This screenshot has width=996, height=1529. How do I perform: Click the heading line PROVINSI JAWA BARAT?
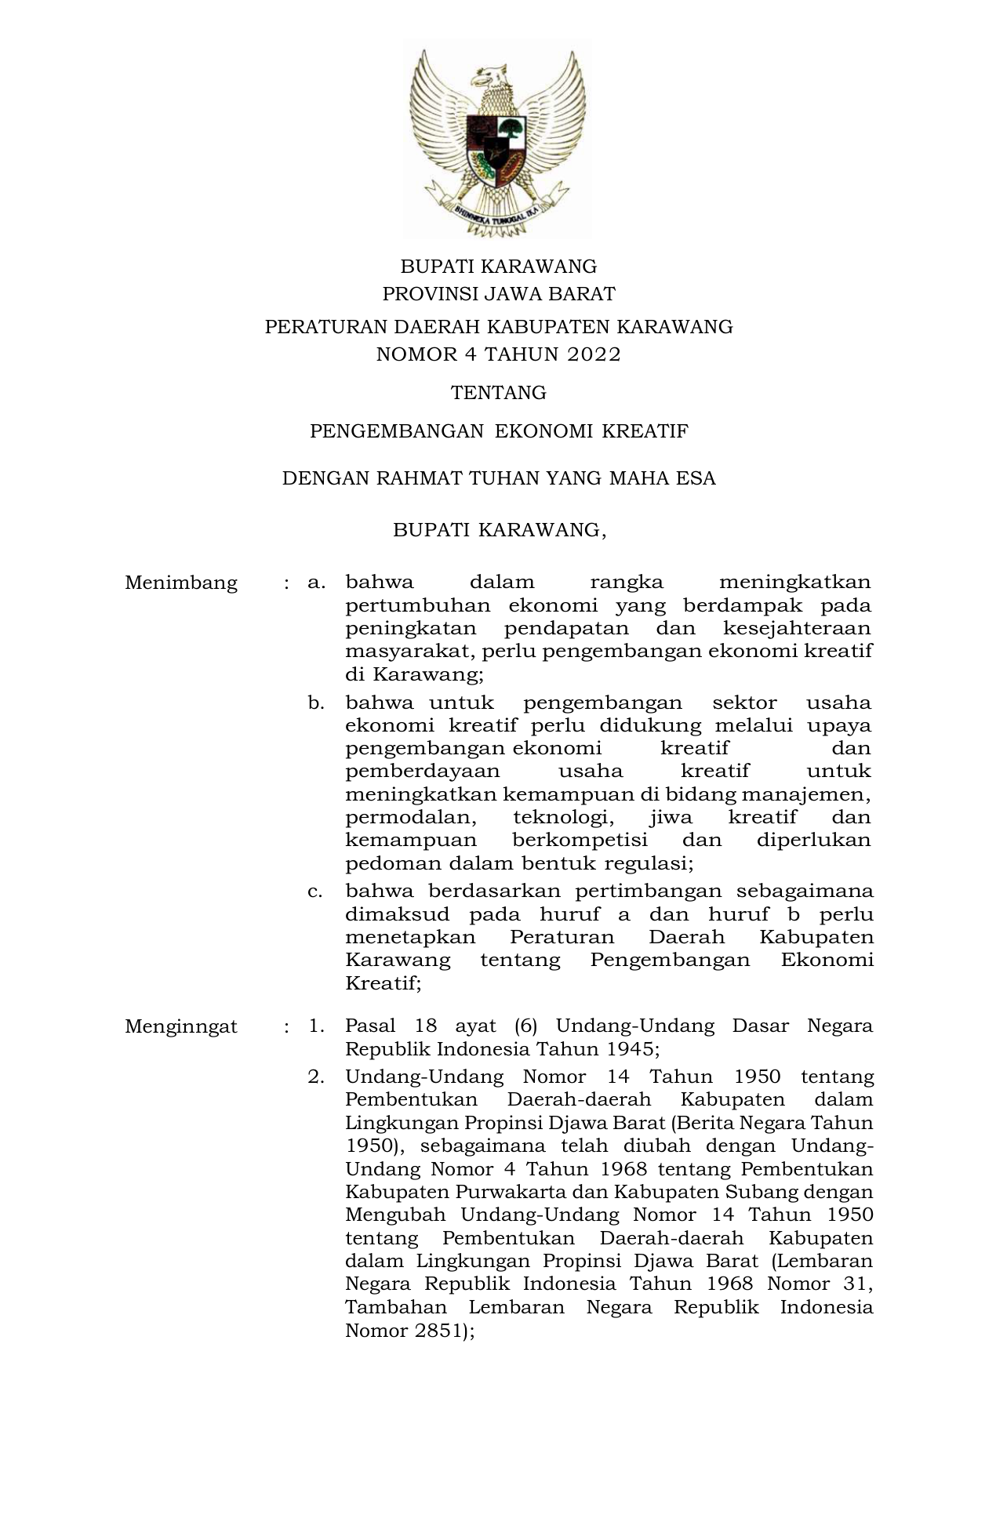(x=498, y=294)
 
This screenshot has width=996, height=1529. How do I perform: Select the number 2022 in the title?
(x=593, y=354)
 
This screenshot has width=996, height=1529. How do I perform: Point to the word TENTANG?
(x=498, y=392)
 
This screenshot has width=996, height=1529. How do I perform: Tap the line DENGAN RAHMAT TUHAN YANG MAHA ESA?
(x=498, y=478)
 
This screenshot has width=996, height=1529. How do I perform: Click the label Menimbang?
(x=181, y=583)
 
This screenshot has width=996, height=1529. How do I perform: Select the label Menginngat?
(x=181, y=1026)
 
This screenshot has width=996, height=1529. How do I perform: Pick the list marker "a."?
(x=316, y=583)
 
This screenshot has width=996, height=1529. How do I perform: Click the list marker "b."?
(x=316, y=703)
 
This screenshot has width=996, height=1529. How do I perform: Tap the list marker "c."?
(x=316, y=892)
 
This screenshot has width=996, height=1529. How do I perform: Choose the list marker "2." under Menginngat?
(x=316, y=1077)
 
